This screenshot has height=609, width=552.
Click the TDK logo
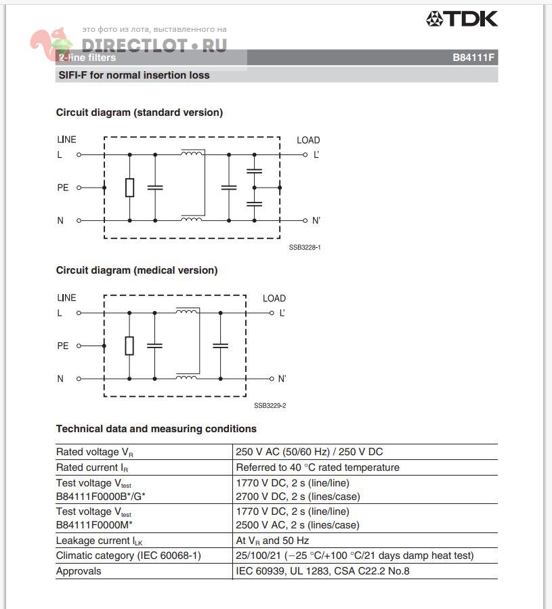[x=462, y=19]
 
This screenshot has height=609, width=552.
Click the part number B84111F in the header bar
[x=474, y=58]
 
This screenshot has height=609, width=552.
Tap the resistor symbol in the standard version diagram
[x=129, y=188]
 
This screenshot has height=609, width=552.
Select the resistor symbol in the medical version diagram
[x=129, y=345]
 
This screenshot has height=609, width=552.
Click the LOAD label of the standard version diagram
[x=308, y=140]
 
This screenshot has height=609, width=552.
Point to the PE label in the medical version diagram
[x=63, y=345]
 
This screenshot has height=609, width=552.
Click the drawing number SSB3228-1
[x=305, y=247]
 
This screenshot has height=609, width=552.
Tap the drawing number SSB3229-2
[x=270, y=405]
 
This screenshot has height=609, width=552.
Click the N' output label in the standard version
[x=316, y=221]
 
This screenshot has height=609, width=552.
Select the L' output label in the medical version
[x=282, y=313]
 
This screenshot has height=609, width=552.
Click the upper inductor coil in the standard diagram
[x=192, y=153]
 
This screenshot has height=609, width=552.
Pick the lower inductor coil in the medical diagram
[x=187, y=377]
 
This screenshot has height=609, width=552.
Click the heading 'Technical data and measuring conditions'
[x=156, y=429]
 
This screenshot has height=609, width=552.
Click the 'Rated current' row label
[x=92, y=467]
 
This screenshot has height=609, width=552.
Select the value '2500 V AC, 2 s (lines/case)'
[x=297, y=525]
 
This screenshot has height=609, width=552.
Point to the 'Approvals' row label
[x=79, y=571]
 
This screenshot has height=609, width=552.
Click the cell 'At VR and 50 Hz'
[x=272, y=541]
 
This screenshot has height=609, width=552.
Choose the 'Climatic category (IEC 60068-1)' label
[x=129, y=555]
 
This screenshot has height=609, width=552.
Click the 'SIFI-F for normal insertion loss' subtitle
[x=133, y=75]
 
